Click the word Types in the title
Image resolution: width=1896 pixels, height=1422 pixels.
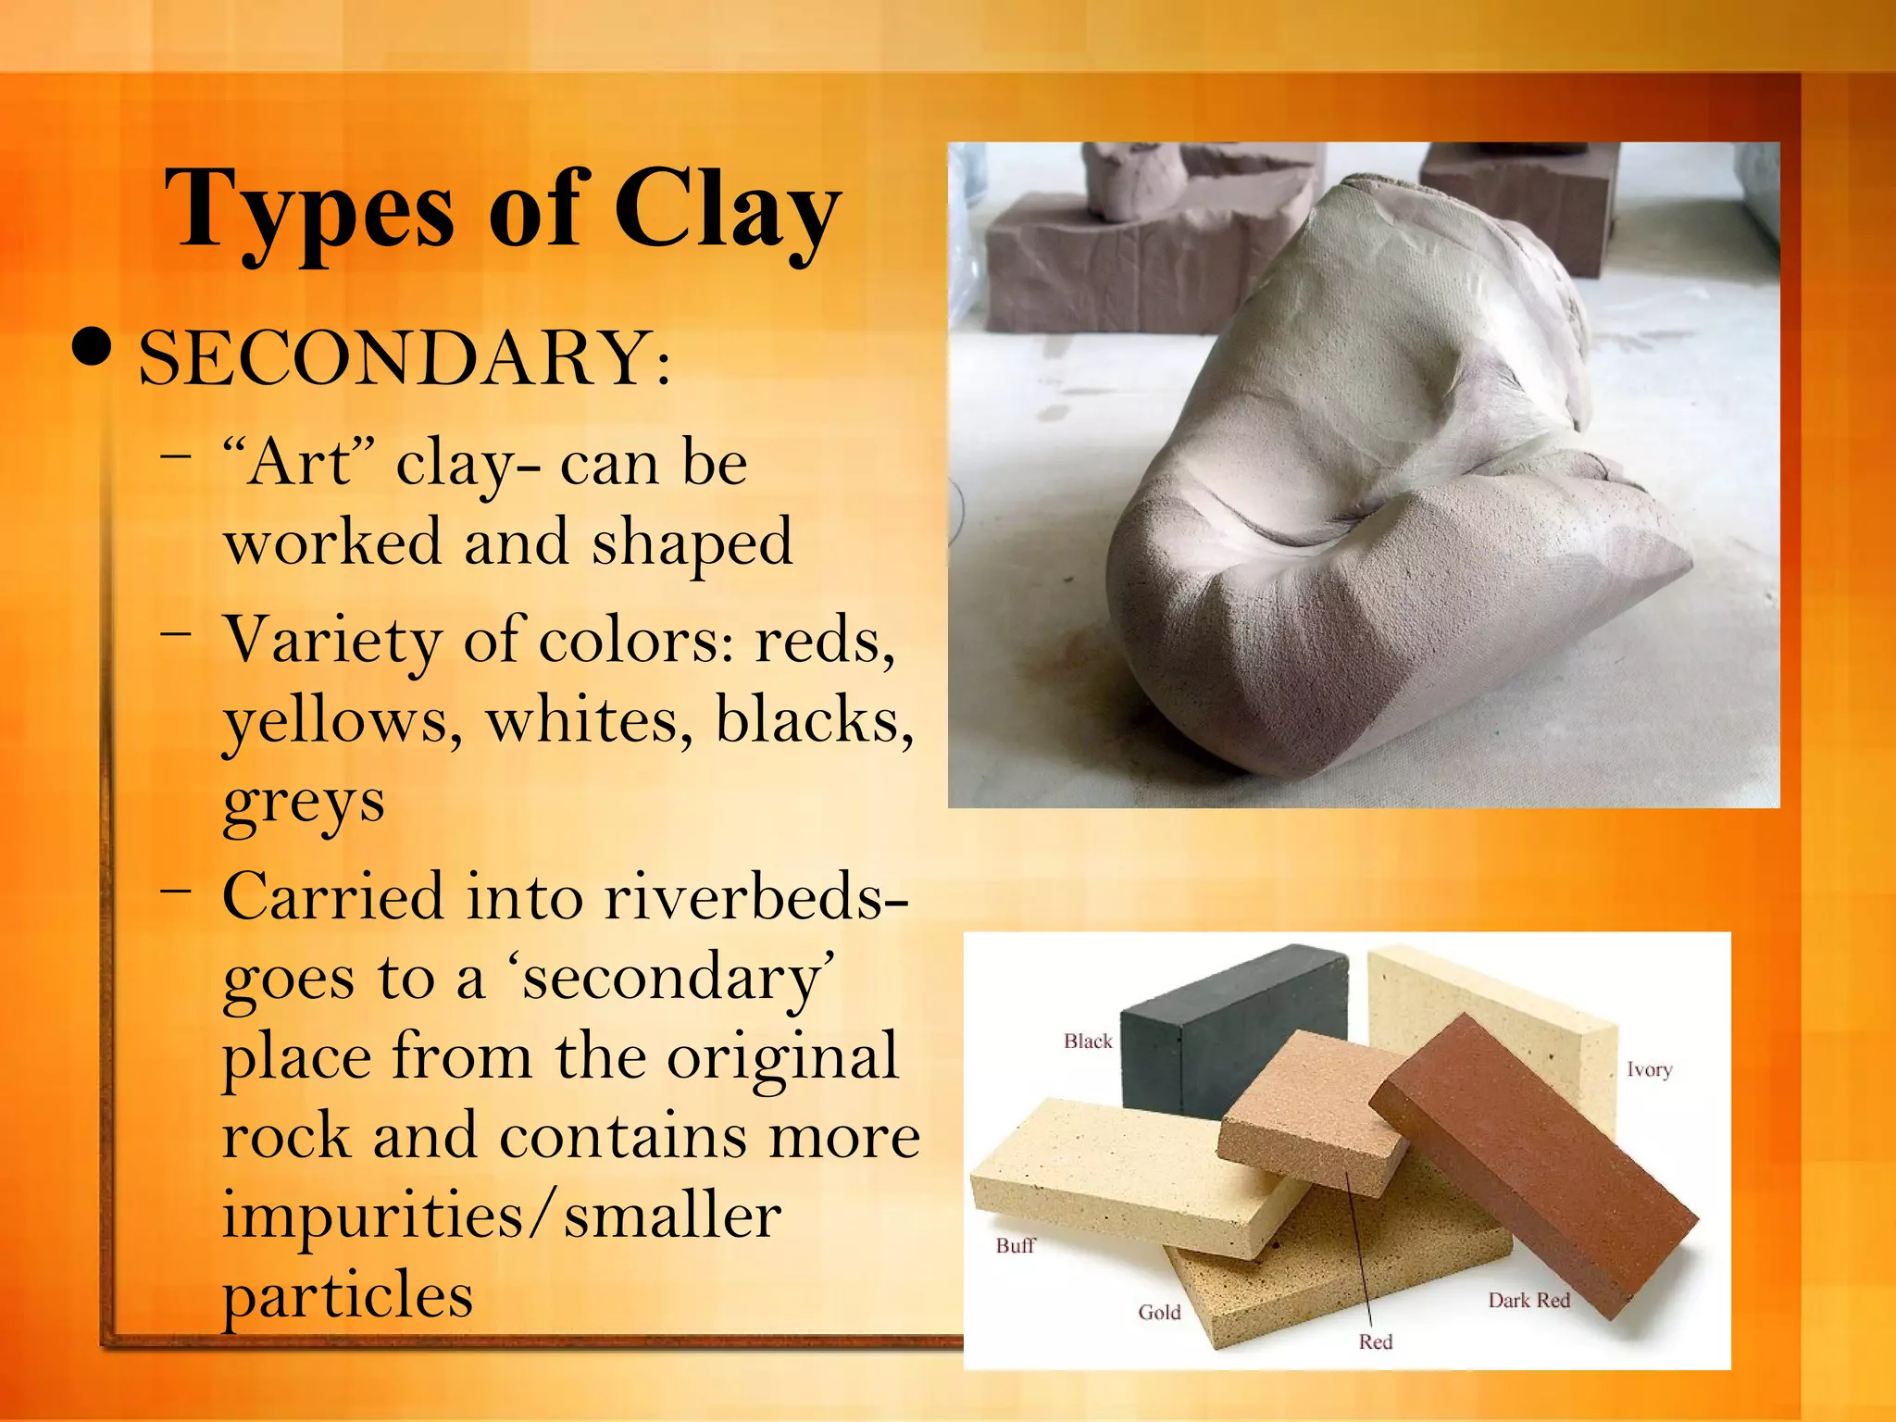pos(309,210)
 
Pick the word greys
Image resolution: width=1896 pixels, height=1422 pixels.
pos(304,803)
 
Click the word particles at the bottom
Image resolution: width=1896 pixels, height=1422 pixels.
pos(347,1295)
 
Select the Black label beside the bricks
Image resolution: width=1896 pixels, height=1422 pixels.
pos(1088,1042)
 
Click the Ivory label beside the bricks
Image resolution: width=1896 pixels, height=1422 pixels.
pos(1649,1070)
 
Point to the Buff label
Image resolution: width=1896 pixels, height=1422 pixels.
pos(1015,1246)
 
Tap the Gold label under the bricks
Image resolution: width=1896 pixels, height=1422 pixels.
pos(1159,1313)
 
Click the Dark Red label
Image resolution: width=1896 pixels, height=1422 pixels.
pos(1528,1301)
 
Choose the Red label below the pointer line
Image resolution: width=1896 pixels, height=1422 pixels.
pos(1375,1342)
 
